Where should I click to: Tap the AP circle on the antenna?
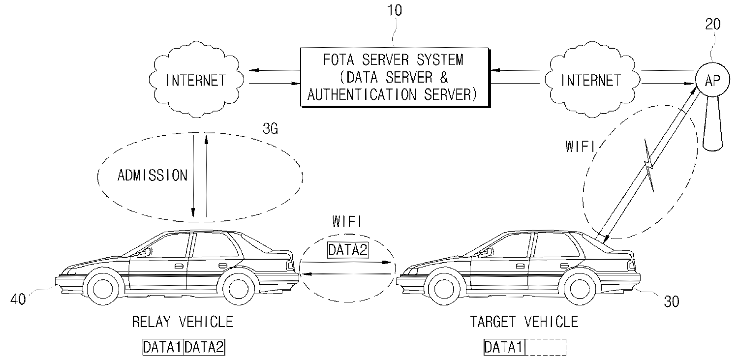click(712, 82)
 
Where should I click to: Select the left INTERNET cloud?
click(196, 80)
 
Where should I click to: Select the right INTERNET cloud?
click(590, 80)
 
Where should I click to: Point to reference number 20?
click(712, 24)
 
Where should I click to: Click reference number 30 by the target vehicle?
click(671, 301)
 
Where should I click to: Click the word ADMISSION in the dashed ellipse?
click(153, 176)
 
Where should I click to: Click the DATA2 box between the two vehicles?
click(348, 250)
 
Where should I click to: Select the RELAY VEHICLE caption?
click(183, 322)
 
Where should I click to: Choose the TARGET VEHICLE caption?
click(524, 322)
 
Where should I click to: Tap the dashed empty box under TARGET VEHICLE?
click(546, 347)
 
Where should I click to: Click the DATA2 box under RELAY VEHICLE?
click(204, 347)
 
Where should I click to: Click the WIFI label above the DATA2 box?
click(347, 222)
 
